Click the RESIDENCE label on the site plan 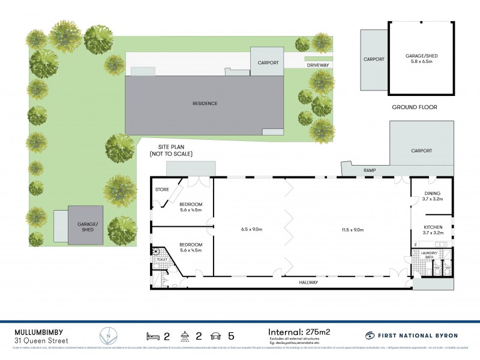pos(205,103)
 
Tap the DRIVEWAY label pos(315,65)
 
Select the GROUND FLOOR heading pos(414,107)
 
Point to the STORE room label pos(162,190)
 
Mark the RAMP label pos(369,171)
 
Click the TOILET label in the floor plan pos(162,259)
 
